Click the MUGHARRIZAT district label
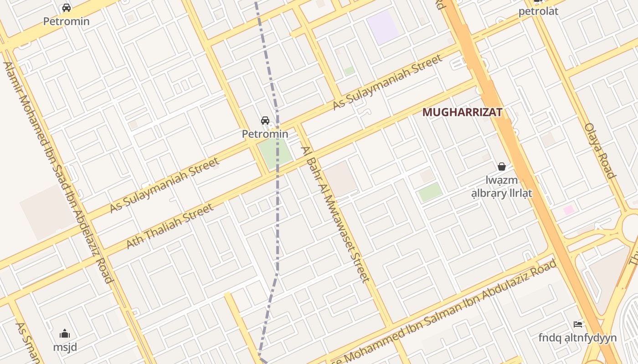click(x=462, y=112)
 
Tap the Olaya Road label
click(x=600, y=150)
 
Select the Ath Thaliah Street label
click(x=170, y=226)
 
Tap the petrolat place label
click(x=538, y=11)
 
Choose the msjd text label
click(x=65, y=347)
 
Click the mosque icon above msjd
click(x=65, y=334)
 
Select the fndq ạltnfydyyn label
click(x=577, y=338)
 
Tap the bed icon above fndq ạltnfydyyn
click(x=578, y=324)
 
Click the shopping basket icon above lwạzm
click(x=502, y=167)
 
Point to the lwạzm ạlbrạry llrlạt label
click(x=502, y=187)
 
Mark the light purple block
click(x=383, y=27)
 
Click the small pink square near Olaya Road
click(x=569, y=210)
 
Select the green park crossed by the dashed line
click(x=274, y=152)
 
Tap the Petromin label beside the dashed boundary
click(x=265, y=134)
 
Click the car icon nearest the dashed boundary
click(x=265, y=121)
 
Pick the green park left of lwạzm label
click(x=430, y=192)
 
